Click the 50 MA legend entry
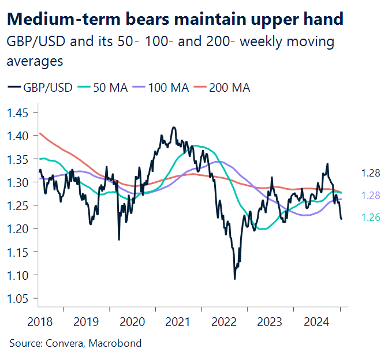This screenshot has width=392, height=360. coord(106,88)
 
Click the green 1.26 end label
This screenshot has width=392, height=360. coord(370,217)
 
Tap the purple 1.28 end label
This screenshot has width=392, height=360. coord(370,196)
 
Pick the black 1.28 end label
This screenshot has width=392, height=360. coord(370,173)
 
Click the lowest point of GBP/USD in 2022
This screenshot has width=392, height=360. coord(234,279)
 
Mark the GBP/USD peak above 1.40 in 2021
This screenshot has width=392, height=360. coord(173,127)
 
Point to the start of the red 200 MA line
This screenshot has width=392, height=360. coord(39,134)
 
